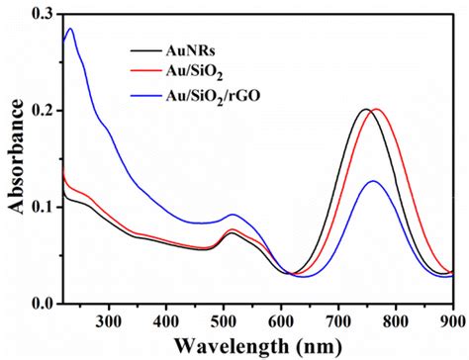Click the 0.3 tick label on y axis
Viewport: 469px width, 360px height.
click(x=43, y=14)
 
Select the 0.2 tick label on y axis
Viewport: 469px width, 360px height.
click(x=43, y=110)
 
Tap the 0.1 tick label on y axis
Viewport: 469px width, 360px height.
click(x=43, y=207)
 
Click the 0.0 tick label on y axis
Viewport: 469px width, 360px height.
click(x=43, y=303)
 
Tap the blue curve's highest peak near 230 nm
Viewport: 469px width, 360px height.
click(x=69, y=29)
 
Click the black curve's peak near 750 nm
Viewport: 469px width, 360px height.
click(x=366, y=109)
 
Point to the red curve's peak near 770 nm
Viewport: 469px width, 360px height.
click(x=376, y=109)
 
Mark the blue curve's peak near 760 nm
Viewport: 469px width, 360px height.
click(x=373, y=181)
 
